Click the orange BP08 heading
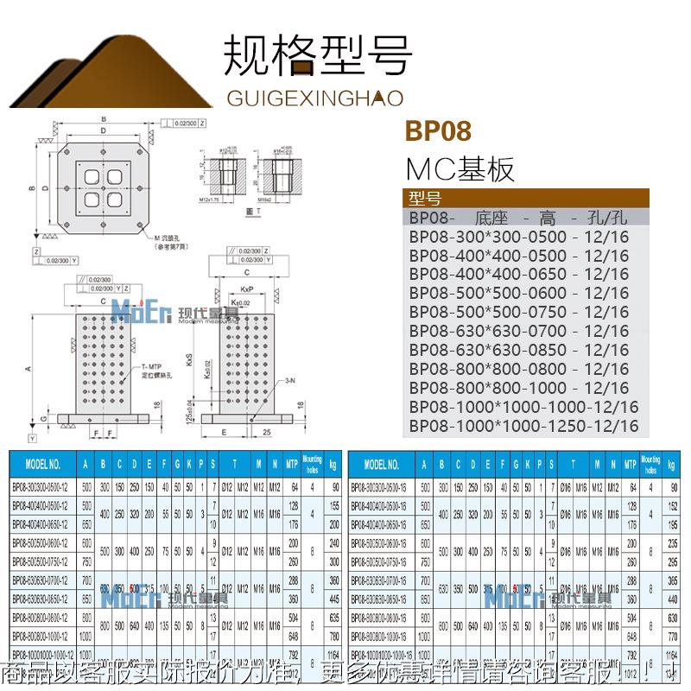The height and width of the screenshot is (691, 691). pyautogui.click(x=438, y=131)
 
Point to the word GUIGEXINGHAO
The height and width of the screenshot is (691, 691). pyautogui.click(x=315, y=98)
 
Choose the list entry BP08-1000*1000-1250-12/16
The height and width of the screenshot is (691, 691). pyautogui.click(x=524, y=426)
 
